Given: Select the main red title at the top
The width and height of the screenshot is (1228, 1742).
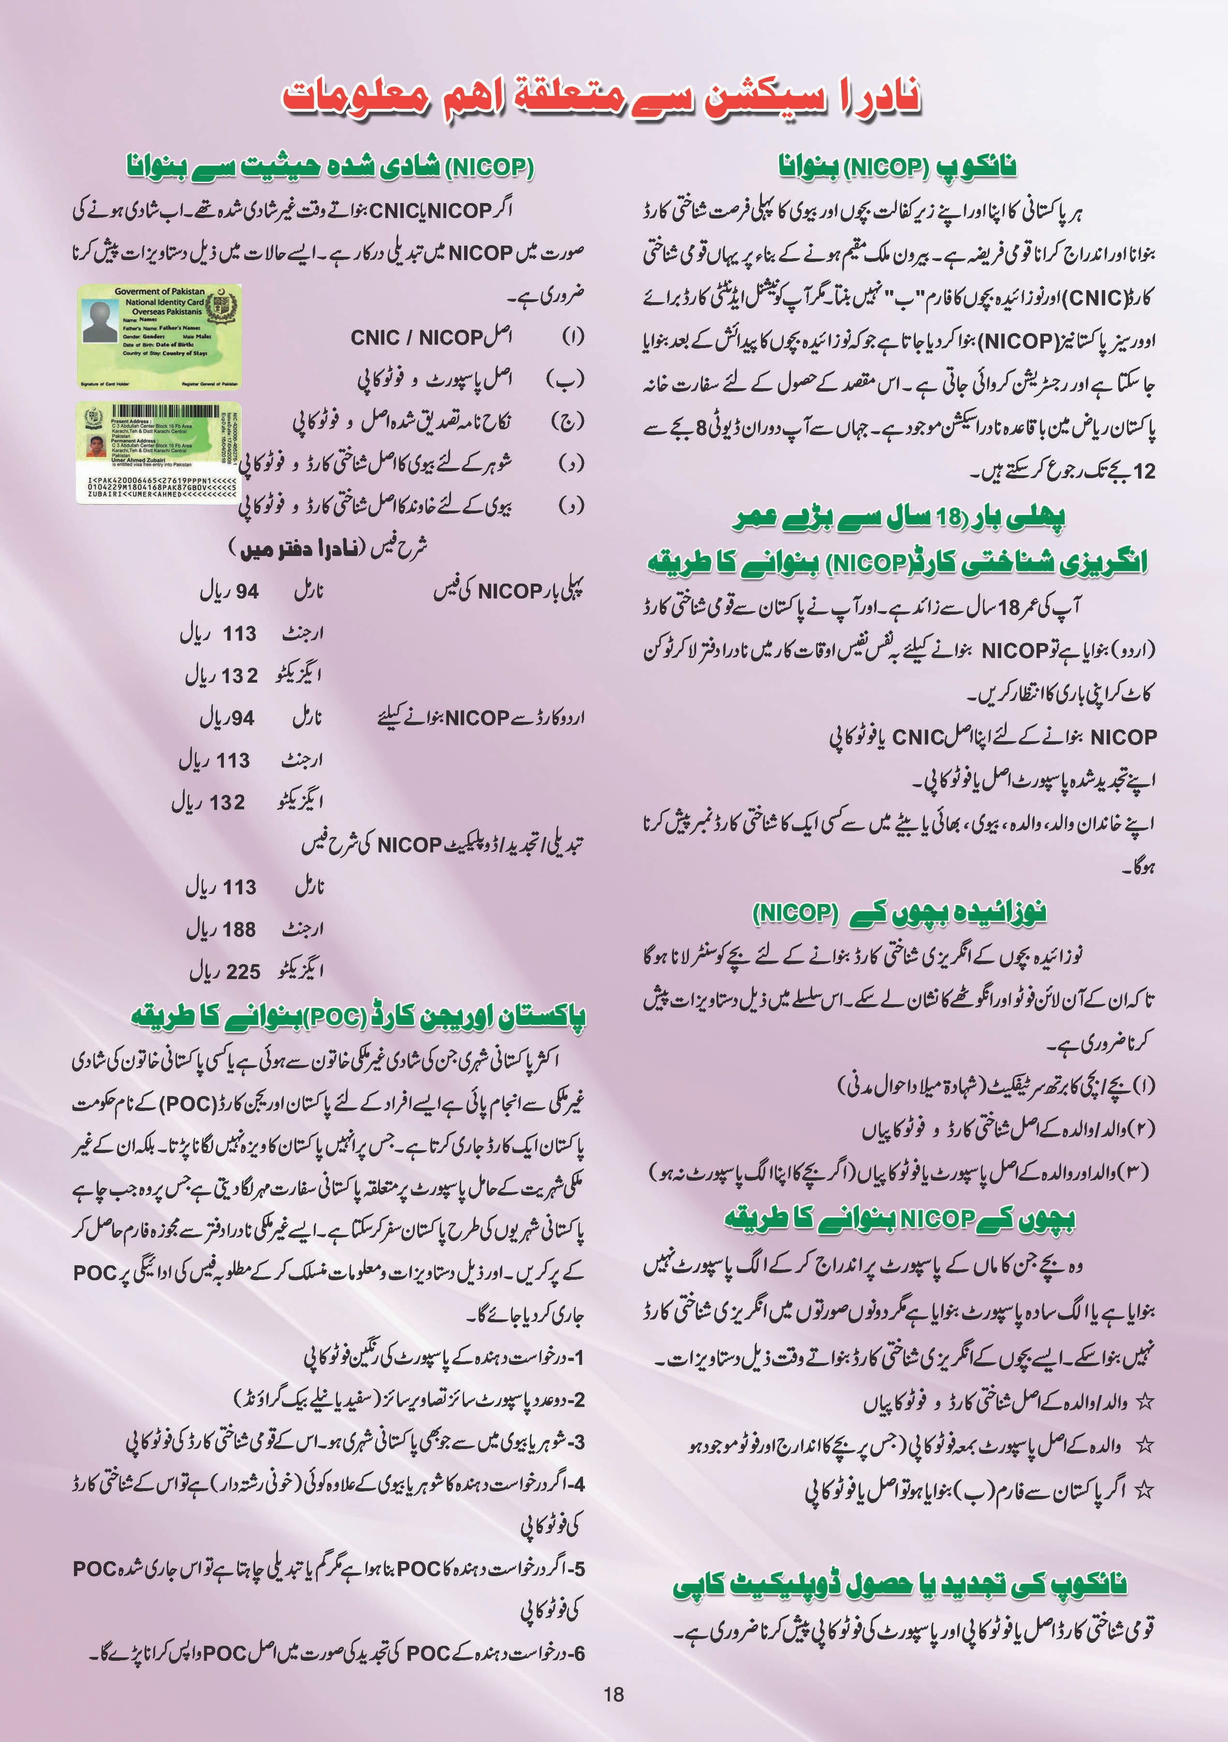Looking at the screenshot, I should pyautogui.click(x=601, y=97).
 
